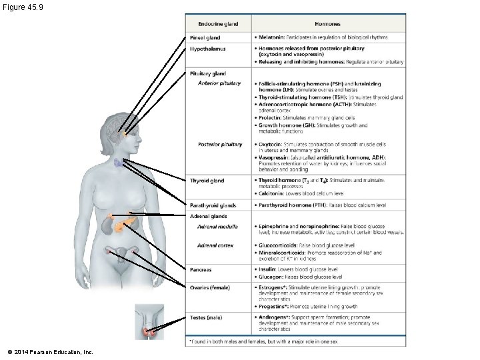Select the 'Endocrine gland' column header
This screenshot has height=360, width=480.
coord(218,24)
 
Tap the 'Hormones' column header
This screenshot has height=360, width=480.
coord(327,24)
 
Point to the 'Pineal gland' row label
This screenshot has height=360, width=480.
coord(205,38)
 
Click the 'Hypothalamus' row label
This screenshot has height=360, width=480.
coord(207,49)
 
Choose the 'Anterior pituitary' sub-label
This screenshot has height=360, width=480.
coord(219,83)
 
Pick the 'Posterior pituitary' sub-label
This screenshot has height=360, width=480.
coord(220,145)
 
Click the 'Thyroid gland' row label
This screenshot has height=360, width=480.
coord(207,181)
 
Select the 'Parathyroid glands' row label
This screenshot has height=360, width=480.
coord(213,205)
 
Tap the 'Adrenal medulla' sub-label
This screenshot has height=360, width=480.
coord(218,227)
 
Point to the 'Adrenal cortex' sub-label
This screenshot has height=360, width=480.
coord(215,245)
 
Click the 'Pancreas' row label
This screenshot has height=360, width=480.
coord(201,270)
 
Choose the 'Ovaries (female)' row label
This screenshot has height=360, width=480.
coord(210,288)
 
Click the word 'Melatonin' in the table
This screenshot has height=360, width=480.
coord(271,37)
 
